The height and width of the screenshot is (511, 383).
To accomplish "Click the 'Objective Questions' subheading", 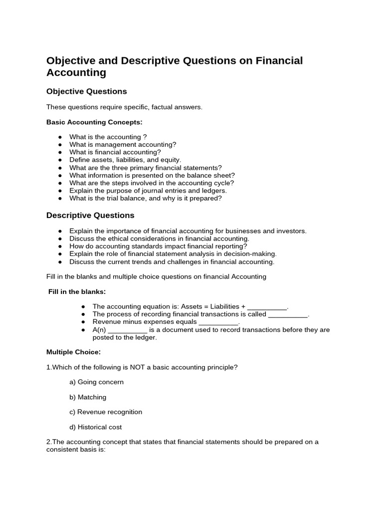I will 86,91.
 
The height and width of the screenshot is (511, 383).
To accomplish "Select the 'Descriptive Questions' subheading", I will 90,216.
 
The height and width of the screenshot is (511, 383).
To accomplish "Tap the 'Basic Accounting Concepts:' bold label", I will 94,122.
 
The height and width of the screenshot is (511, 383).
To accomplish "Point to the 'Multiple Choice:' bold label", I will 73,352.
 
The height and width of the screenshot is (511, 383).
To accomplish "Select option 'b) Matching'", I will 88,397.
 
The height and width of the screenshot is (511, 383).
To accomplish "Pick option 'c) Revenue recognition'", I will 106,412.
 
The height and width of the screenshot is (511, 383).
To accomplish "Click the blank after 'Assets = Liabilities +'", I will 267,307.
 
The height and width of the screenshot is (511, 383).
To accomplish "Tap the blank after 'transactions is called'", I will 288,314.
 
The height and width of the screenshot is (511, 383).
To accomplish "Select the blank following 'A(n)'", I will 127,330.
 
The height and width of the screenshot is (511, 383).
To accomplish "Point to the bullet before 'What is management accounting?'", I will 60,145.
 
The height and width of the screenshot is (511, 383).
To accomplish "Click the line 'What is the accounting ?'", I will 108,137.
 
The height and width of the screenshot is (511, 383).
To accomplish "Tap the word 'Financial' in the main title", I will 279,61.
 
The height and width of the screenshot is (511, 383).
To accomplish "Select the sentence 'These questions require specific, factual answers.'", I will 124,107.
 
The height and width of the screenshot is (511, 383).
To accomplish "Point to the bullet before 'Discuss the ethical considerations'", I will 60,239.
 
